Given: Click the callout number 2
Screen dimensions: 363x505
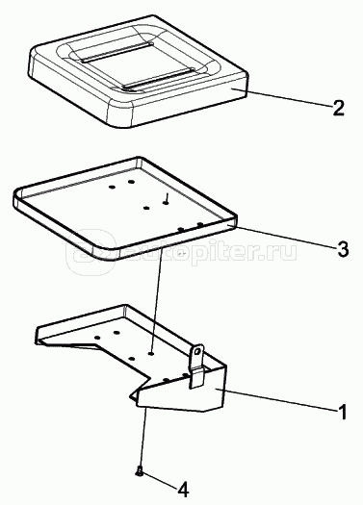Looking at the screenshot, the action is pyautogui.click(x=339, y=108).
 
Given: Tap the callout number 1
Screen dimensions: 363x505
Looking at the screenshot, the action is pyautogui.click(x=343, y=412).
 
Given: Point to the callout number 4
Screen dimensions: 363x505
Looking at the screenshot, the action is pyautogui.click(x=183, y=490).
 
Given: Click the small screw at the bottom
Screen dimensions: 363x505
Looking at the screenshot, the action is pyautogui.click(x=140, y=472).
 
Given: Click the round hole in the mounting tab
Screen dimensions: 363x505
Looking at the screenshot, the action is pyautogui.click(x=198, y=351).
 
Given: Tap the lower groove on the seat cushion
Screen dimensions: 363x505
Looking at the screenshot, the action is pyautogui.click(x=159, y=78).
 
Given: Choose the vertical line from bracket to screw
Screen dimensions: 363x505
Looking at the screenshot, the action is pyautogui.click(x=143, y=438).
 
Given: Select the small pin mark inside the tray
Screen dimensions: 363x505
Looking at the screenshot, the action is pyautogui.click(x=167, y=198).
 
